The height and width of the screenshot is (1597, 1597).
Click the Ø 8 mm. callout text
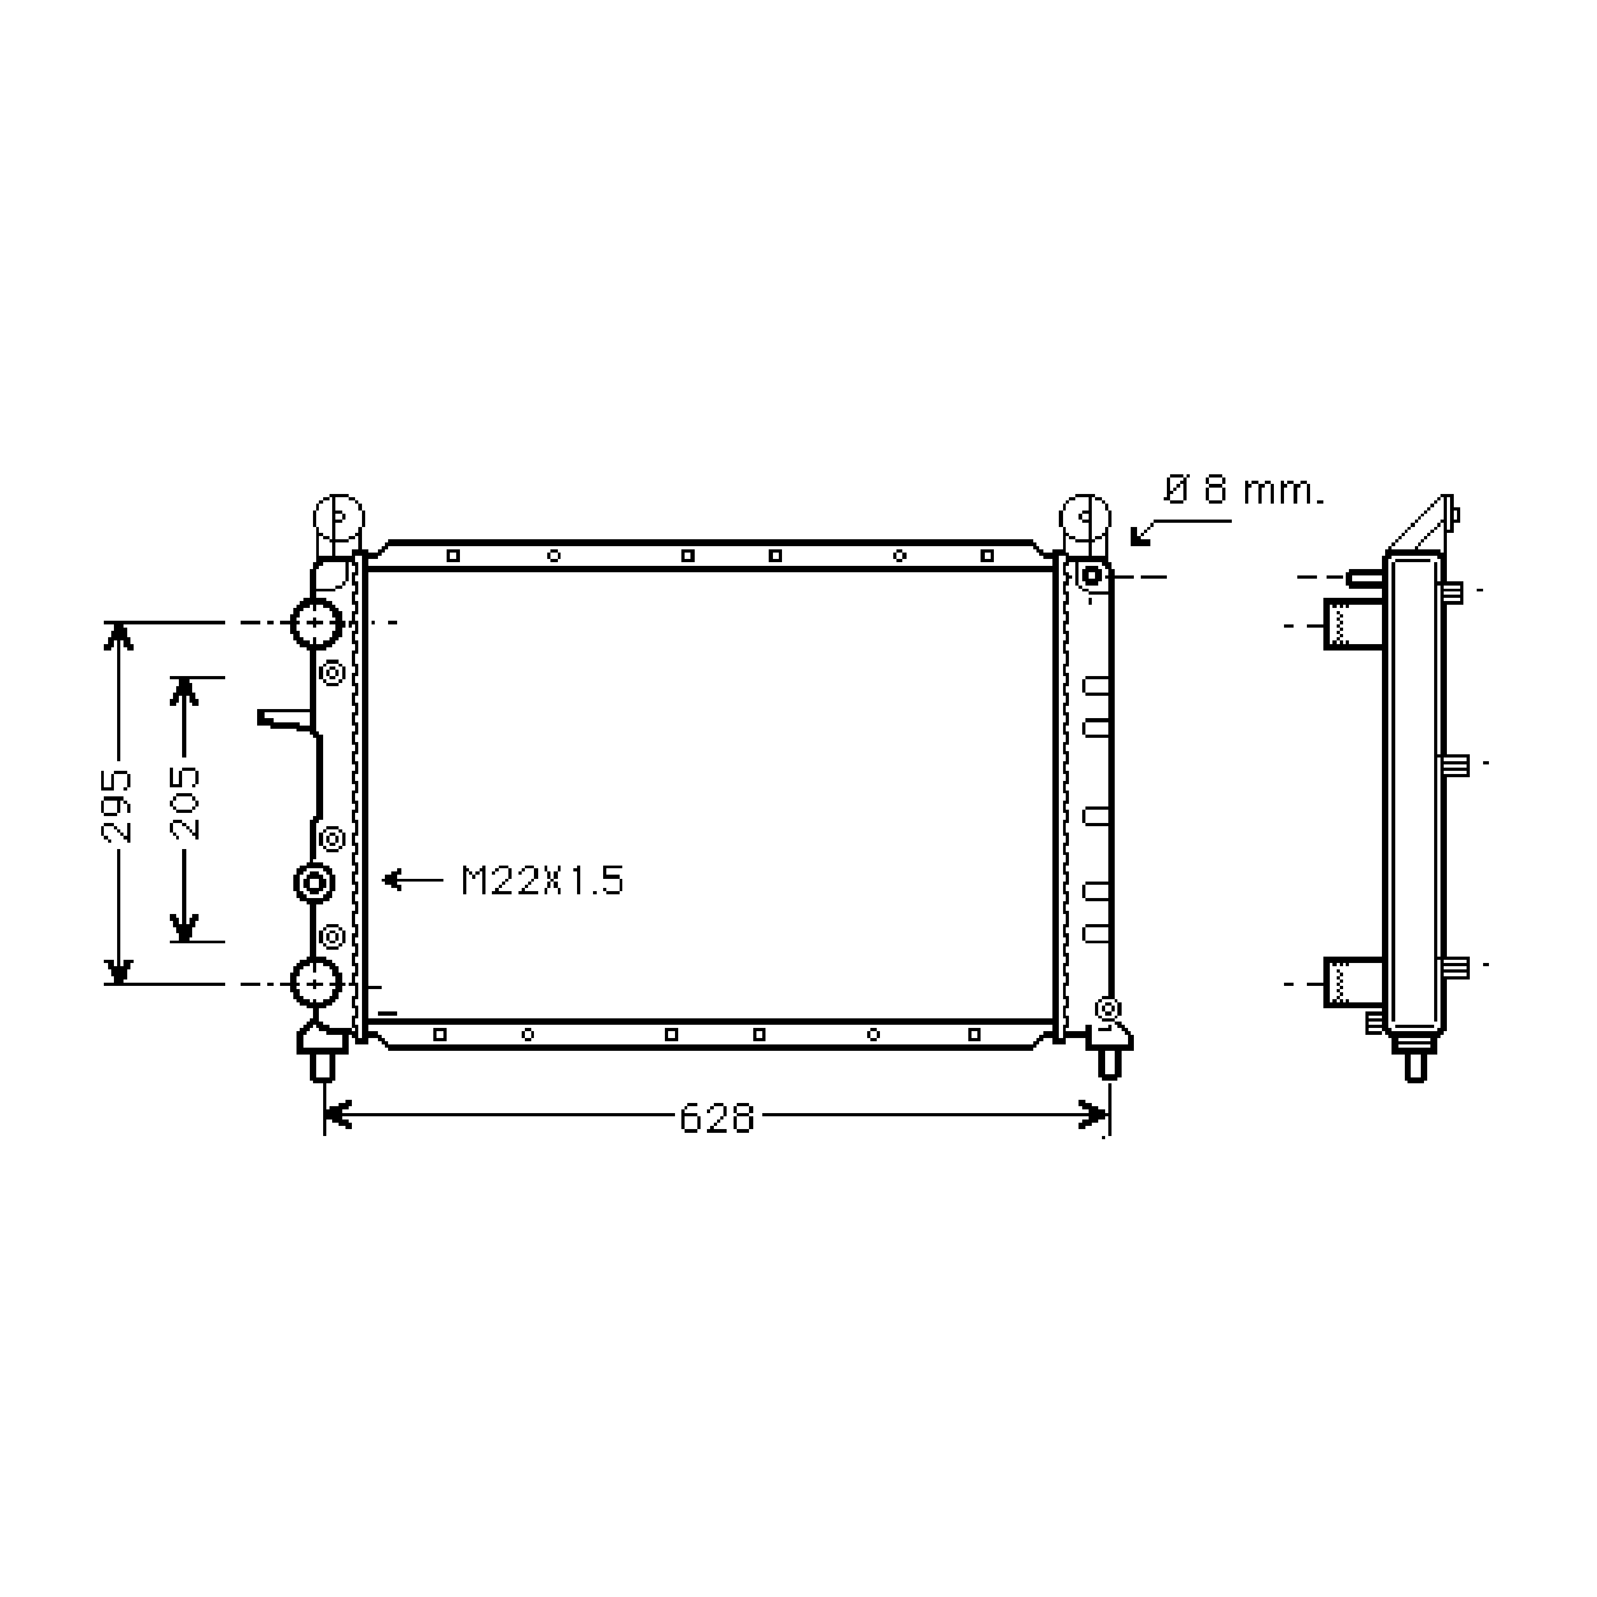click(1244, 490)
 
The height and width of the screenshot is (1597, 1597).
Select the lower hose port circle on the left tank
click(316, 984)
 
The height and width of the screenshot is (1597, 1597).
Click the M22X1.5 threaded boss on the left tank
click(314, 883)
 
